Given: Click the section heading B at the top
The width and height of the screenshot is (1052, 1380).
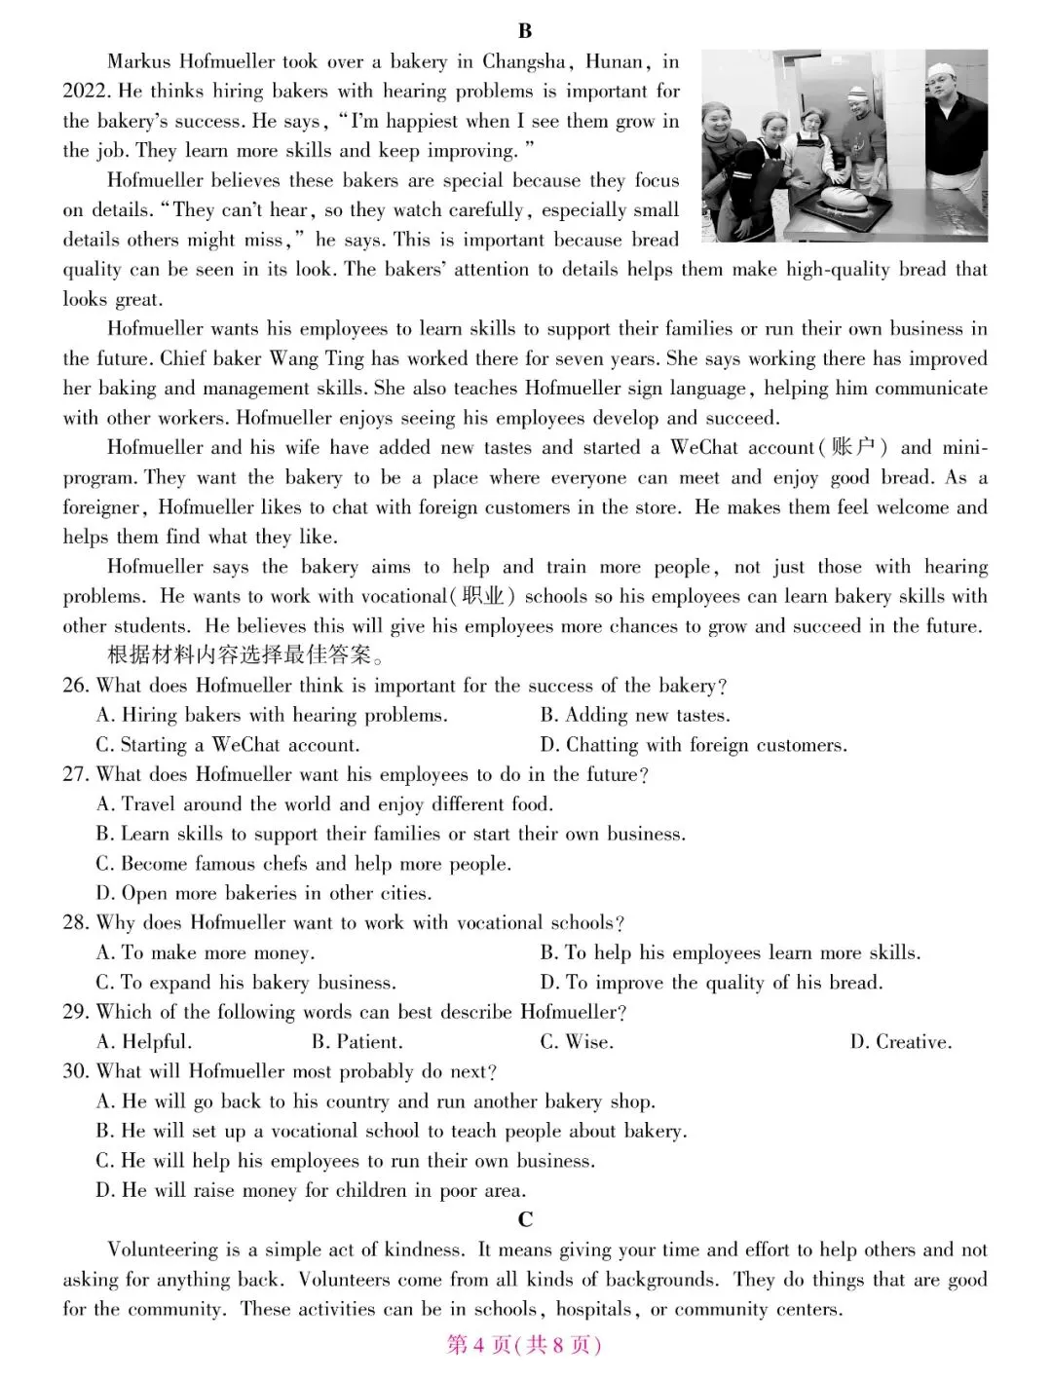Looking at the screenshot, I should (525, 31).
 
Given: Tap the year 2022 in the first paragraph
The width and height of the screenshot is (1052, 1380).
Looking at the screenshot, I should (88, 92).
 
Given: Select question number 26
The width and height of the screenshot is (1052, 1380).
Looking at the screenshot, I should (76, 686).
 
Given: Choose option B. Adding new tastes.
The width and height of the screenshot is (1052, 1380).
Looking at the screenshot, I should (635, 716).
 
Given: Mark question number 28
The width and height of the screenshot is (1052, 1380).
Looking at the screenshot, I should (76, 923).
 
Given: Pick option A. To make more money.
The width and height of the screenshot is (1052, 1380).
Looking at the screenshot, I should (206, 953).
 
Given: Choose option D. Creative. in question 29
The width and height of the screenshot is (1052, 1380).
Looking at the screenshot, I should (901, 1042).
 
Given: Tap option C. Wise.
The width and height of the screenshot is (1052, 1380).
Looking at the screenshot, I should (577, 1042).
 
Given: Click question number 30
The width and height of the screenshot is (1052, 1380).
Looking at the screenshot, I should (76, 1072).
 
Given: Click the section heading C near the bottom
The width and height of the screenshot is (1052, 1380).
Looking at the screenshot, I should (525, 1220).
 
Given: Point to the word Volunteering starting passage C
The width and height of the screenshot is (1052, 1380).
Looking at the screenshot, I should (163, 1250).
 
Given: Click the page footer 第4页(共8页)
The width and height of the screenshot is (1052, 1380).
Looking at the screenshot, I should (524, 1345).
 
